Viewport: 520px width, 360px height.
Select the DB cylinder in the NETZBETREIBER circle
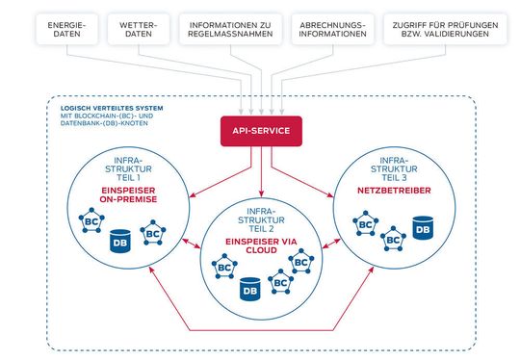click(x=422, y=228)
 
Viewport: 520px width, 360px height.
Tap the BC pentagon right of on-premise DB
click(x=151, y=232)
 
